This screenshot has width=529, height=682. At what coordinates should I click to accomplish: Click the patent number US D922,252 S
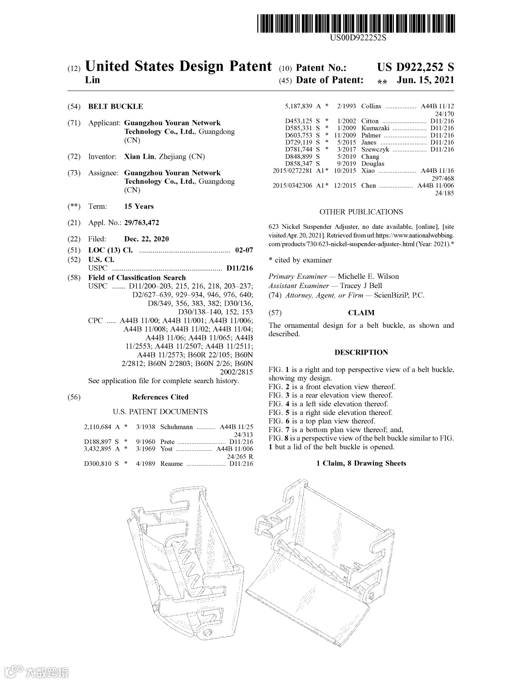pos(415,67)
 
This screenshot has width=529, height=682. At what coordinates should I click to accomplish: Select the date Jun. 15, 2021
pos(425,80)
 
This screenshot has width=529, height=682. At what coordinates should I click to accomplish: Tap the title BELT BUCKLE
pos(116,106)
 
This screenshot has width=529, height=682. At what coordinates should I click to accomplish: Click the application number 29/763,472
pos(142,223)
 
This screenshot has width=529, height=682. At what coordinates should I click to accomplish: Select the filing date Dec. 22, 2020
pos(146,239)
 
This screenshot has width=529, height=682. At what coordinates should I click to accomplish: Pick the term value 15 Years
pos(139,206)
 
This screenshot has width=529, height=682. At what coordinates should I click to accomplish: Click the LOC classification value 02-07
pos(244,250)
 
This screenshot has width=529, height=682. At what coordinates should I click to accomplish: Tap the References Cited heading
pos(160,397)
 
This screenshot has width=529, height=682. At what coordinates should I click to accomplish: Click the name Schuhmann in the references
pos(176,427)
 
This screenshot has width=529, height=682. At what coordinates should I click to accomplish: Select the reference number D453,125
pos(299,121)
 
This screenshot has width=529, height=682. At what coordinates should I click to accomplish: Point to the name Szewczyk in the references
pos(375,149)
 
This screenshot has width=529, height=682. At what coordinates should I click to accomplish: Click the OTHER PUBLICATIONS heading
pos(361,212)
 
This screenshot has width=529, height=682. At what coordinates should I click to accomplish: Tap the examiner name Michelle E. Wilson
pos(368,276)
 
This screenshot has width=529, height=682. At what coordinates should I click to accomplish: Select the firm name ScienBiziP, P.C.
pos(399,295)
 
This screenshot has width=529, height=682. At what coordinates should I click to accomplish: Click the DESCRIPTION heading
pos(361,352)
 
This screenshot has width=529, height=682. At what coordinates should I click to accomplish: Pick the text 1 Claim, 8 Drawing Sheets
pos(361,463)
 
